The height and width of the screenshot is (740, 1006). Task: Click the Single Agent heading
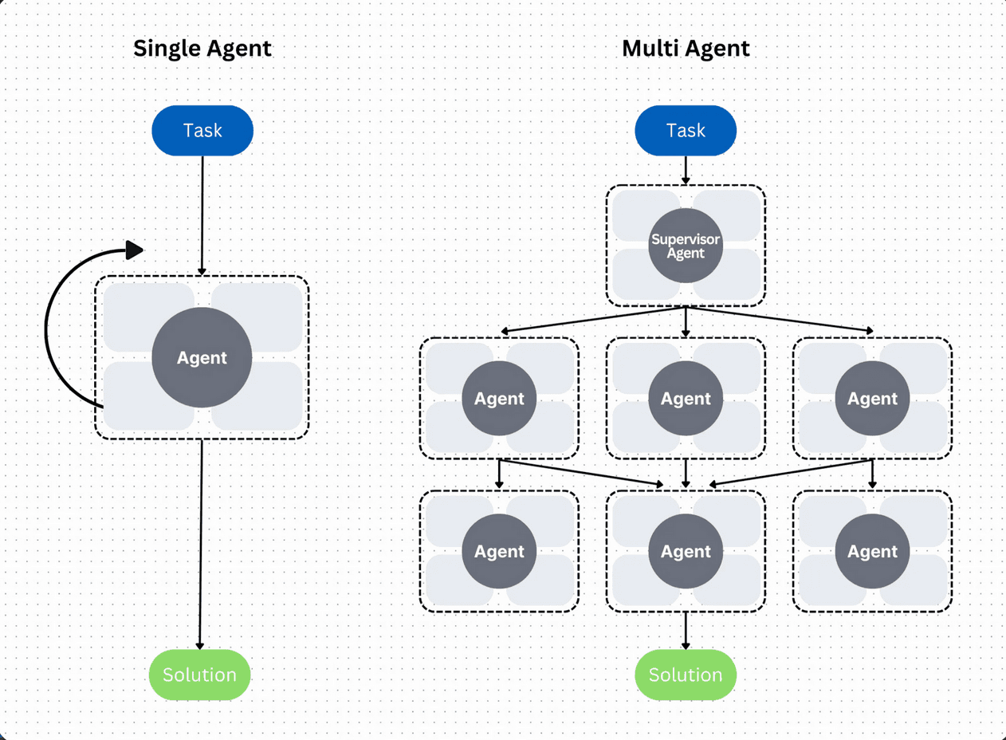(202, 49)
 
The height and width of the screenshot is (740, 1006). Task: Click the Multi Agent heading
(686, 49)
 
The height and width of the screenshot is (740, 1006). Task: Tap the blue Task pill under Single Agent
(202, 130)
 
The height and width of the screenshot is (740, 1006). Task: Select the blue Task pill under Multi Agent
(686, 130)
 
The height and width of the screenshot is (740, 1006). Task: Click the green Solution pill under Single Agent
(199, 675)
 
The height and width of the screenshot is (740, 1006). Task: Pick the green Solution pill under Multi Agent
(686, 675)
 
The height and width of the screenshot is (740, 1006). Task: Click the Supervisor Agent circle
(686, 246)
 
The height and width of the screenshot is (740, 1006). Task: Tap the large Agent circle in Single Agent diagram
(202, 358)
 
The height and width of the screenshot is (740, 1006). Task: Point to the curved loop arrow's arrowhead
(135, 250)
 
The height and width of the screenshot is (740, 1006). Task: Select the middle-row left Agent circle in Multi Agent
(499, 398)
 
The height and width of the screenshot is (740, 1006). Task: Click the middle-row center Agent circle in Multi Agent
(686, 398)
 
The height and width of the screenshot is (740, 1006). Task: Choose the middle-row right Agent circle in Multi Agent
(872, 398)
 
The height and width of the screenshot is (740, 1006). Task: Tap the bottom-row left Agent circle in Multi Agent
(499, 551)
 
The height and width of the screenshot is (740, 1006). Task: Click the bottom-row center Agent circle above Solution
(686, 551)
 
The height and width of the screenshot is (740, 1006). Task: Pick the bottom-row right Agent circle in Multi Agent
(872, 551)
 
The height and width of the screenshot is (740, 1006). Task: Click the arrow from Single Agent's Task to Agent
(202, 215)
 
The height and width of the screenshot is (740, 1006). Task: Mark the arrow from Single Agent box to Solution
(200, 542)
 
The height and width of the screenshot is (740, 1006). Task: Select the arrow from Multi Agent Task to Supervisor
(686, 170)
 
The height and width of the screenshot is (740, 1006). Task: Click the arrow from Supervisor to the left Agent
(594, 319)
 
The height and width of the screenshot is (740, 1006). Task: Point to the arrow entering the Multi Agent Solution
(686, 631)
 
